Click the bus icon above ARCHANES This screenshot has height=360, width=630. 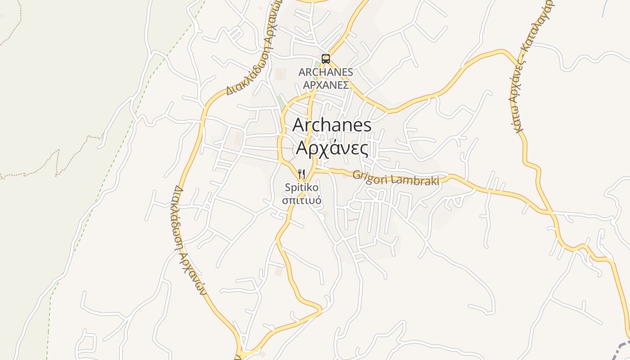(x=325, y=58)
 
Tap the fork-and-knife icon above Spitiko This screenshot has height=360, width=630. (x=301, y=174)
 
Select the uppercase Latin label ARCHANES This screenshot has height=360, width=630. (x=326, y=72)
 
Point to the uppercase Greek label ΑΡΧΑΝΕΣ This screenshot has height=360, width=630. (x=326, y=85)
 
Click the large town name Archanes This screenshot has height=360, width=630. (x=332, y=125)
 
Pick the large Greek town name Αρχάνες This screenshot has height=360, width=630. (x=332, y=148)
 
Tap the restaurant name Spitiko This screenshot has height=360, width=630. (x=301, y=187)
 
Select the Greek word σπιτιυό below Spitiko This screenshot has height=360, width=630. (x=301, y=200)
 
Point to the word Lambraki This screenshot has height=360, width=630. (x=416, y=180)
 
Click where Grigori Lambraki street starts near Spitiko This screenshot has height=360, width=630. (x=315, y=171)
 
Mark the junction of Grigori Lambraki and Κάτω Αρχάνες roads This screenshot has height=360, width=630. (x=551, y=211)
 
